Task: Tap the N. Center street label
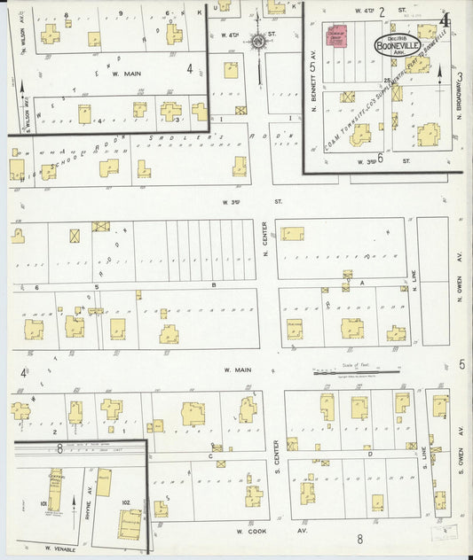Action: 265,236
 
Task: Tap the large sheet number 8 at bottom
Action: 359,538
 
